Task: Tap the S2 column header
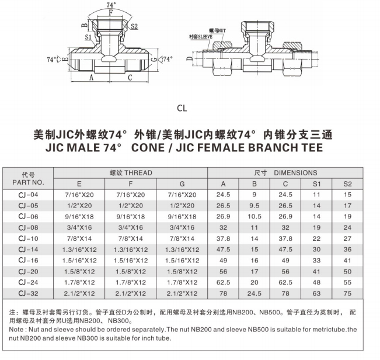348,184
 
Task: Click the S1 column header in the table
317,184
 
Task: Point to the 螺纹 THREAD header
130,172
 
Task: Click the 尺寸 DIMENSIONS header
285,172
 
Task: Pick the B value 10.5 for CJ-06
255,216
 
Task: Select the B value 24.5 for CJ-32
255,293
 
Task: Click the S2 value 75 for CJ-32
348,293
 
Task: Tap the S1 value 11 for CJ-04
317,194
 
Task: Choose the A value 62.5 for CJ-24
223,282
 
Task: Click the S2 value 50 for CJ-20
348,271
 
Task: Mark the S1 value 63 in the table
317,293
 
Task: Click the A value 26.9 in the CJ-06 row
223,216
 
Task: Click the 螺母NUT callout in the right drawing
218,29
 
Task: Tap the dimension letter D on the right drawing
189,59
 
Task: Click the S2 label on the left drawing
134,26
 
